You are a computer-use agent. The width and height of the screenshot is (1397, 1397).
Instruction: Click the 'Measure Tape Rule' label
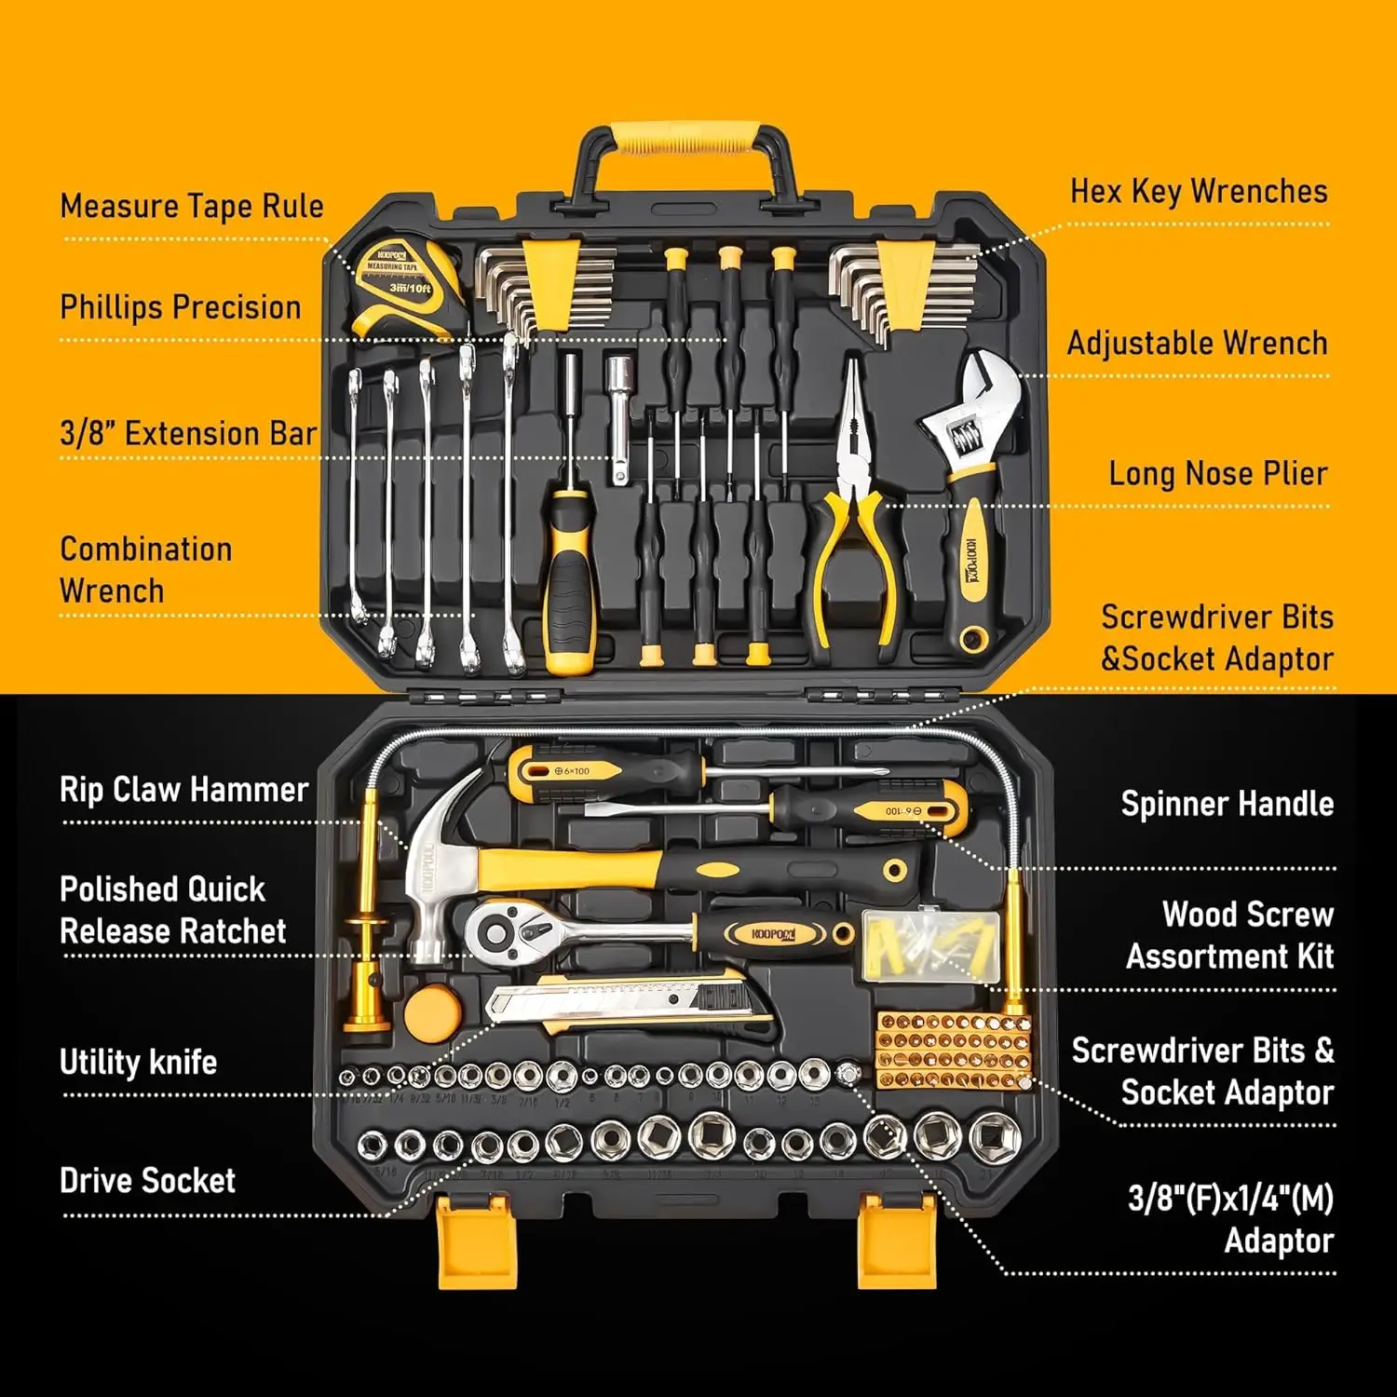tap(192, 206)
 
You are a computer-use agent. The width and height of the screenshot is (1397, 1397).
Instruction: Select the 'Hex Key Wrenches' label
tap(1198, 191)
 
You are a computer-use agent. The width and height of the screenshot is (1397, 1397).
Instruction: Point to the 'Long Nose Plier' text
tap(1217, 473)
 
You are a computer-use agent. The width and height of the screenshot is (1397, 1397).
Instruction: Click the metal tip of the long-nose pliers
tap(852, 391)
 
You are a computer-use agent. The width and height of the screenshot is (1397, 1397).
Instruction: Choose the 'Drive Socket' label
tap(147, 1180)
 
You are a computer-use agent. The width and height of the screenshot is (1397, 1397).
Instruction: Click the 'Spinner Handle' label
tap(1227, 804)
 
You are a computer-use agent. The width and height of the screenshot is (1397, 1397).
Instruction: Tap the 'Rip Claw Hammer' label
tap(183, 790)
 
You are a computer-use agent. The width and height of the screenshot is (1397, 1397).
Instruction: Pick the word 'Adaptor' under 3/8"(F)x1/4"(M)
tap(1278, 1241)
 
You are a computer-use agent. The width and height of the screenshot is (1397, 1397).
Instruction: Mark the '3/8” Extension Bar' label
tap(188, 433)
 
